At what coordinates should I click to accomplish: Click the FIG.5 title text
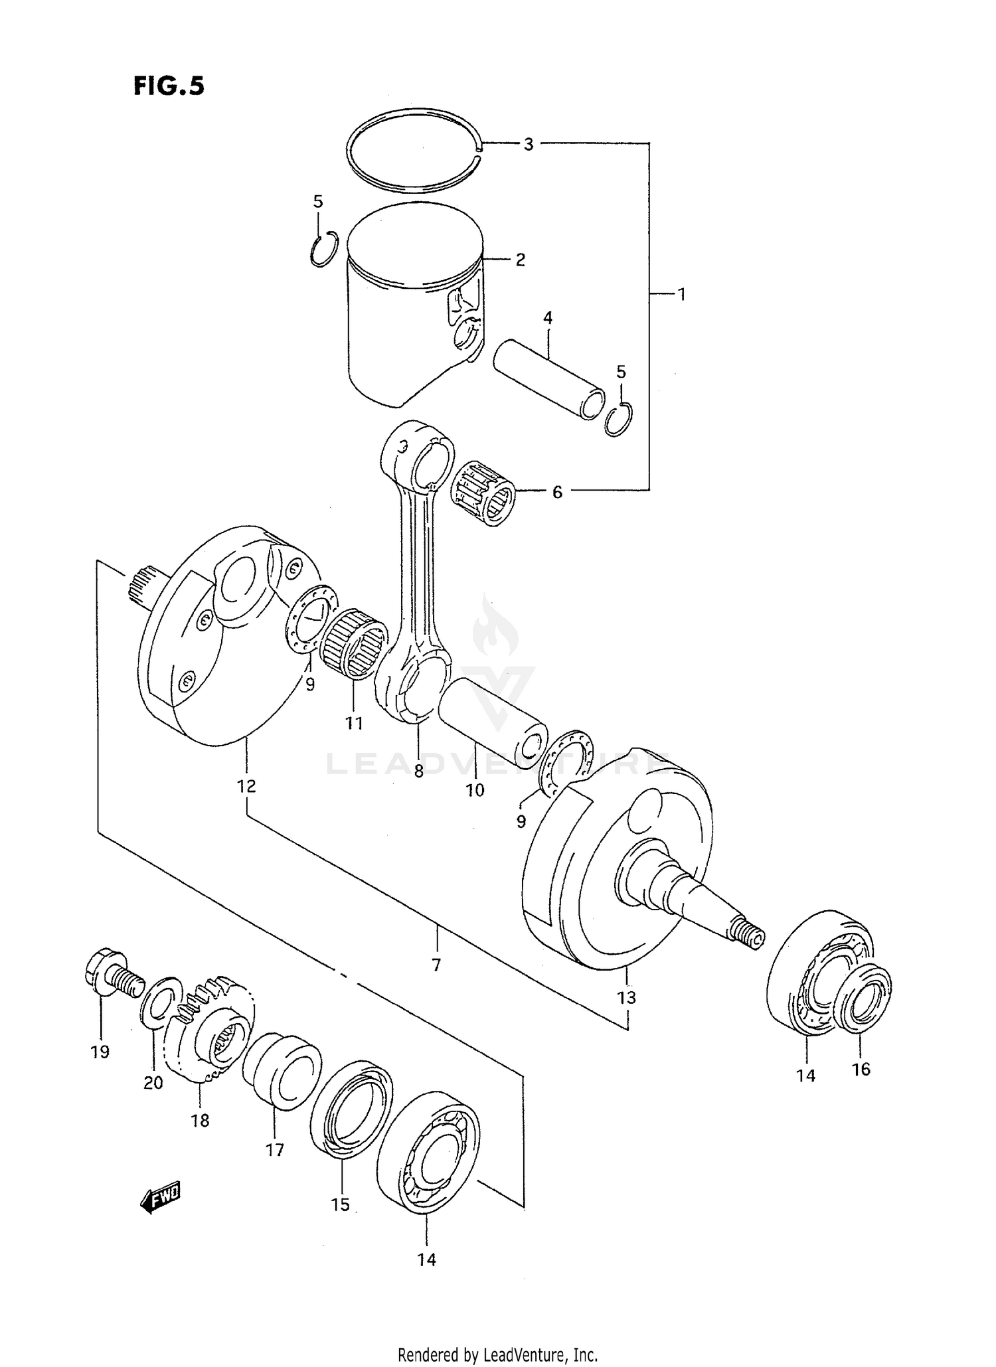coord(169,86)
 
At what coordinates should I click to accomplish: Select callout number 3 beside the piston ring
coord(528,144)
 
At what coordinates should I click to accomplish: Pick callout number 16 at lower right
coord(861,1069)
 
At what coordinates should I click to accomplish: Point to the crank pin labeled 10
coord(493,722)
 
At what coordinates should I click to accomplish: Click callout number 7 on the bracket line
coord(436,965)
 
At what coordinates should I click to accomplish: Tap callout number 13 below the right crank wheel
coord(626,997)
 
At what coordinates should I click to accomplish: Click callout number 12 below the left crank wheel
coord(246,786)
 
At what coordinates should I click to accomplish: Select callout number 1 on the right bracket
coord(681,293)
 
